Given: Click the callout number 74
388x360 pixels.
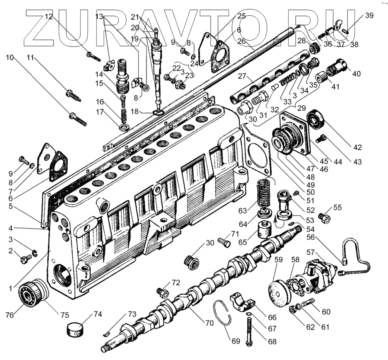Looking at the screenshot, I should (x=97, y=314).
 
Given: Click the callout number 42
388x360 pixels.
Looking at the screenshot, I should (x=357, y=147).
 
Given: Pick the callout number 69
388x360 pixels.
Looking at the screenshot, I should (x=235, y=341).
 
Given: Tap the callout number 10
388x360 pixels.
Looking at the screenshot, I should (x=10, y=57).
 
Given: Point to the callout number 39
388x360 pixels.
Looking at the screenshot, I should (x=369, y=16).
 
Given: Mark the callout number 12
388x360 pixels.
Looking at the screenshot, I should (x=48, y=16).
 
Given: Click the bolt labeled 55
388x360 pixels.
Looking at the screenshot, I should (x=324, y=217).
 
